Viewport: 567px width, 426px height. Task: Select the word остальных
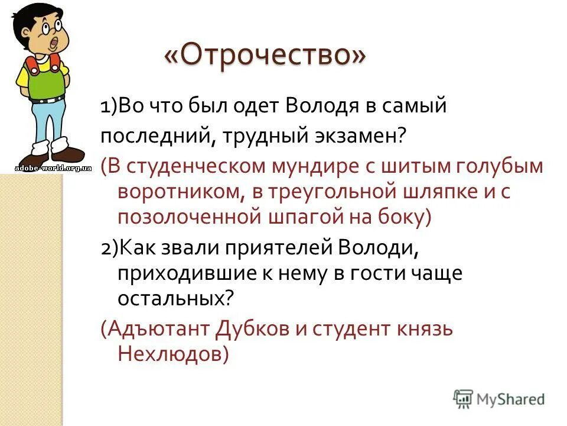coord(172,298)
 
